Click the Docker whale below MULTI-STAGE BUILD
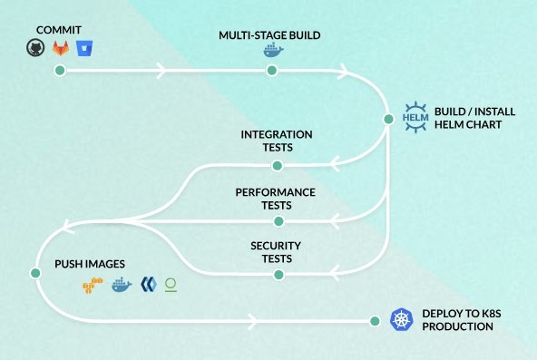tap(272, 53)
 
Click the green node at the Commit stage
tap(59, 71)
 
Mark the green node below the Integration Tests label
tap(278, 165)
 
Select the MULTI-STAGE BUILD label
tap(269, 35)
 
